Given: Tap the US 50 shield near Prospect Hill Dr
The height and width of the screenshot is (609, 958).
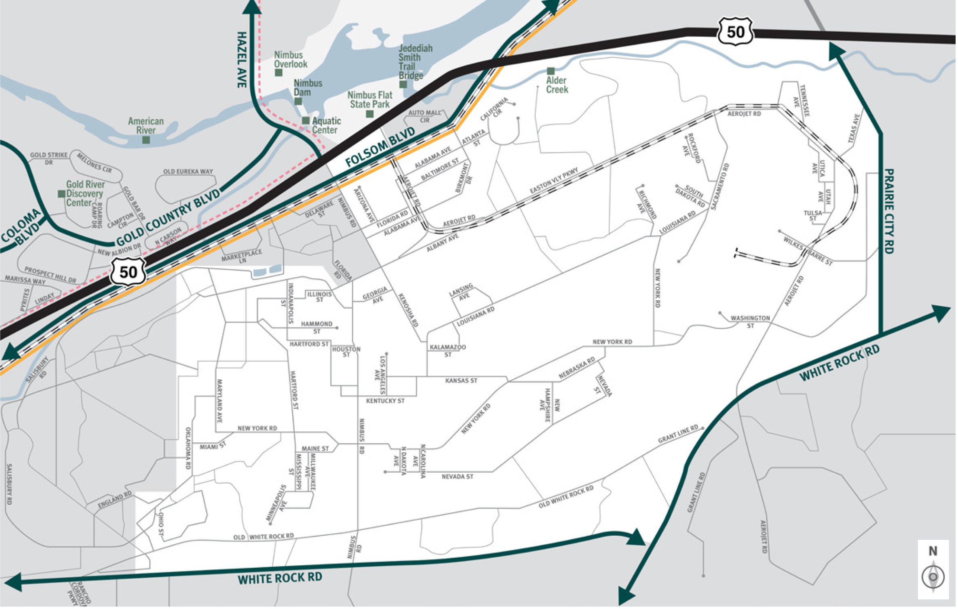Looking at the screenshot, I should coord(128,272).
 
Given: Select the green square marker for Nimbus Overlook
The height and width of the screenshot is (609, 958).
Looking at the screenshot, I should coord(279,73).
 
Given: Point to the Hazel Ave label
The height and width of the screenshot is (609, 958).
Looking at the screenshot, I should coord(242,60).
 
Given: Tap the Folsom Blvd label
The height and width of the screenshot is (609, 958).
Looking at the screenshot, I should coord(380,147).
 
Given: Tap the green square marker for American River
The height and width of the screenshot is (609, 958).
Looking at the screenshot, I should coord(146,140).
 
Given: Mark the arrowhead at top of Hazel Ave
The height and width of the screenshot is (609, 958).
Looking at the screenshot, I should coord(252,6).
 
